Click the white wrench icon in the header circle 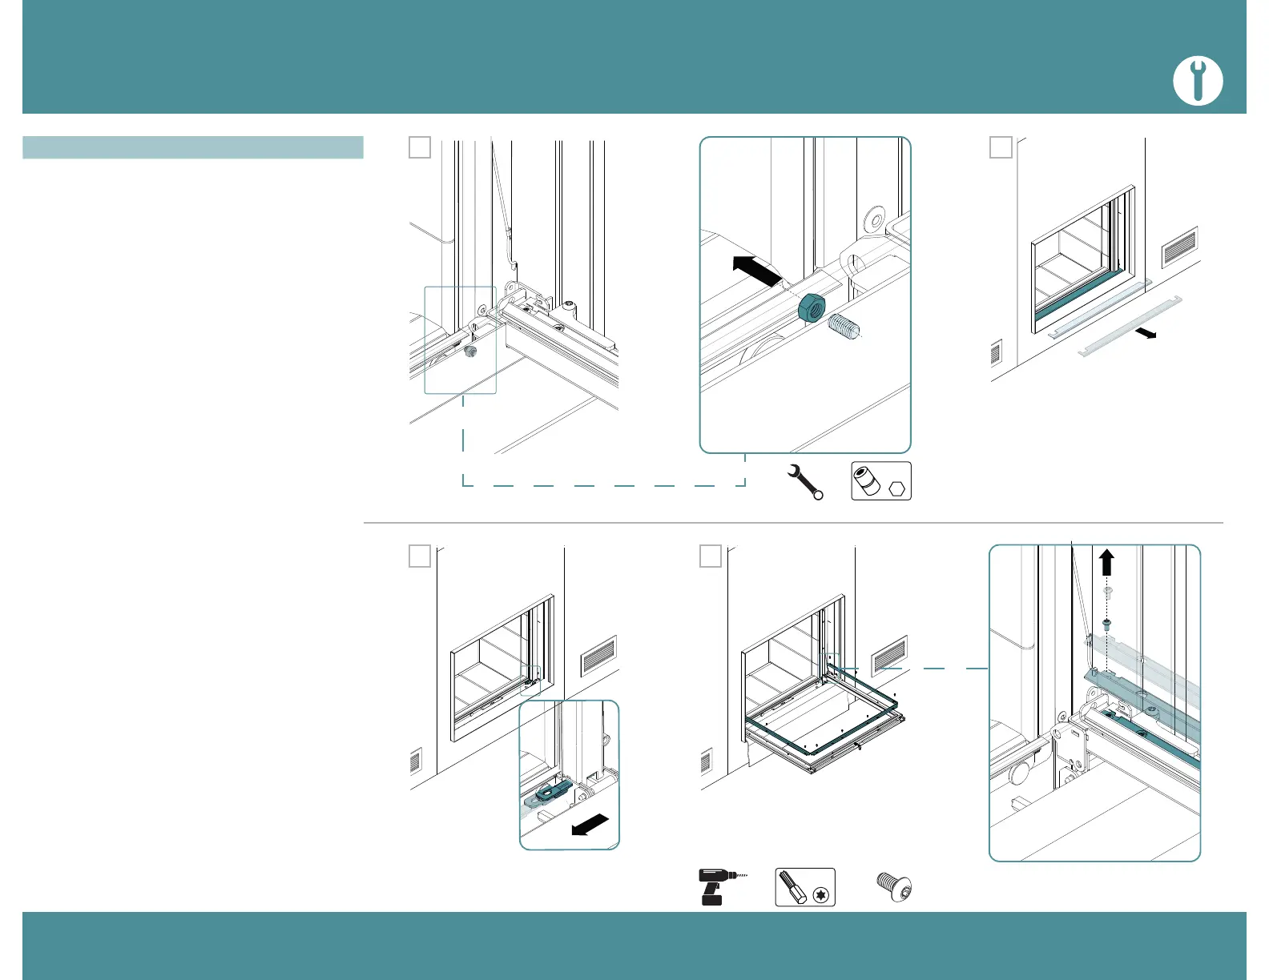(1198, 82)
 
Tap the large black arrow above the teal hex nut (756, 270)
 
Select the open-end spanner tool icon (804, 482)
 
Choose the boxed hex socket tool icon (880, 482)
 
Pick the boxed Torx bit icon (804, 887)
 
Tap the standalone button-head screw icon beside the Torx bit (894, 886)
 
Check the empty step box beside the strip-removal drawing (1001, 147)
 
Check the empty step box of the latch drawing (420, 556)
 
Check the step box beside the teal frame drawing (711, 556)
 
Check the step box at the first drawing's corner (420, 147)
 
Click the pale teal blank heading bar (193, 147)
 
